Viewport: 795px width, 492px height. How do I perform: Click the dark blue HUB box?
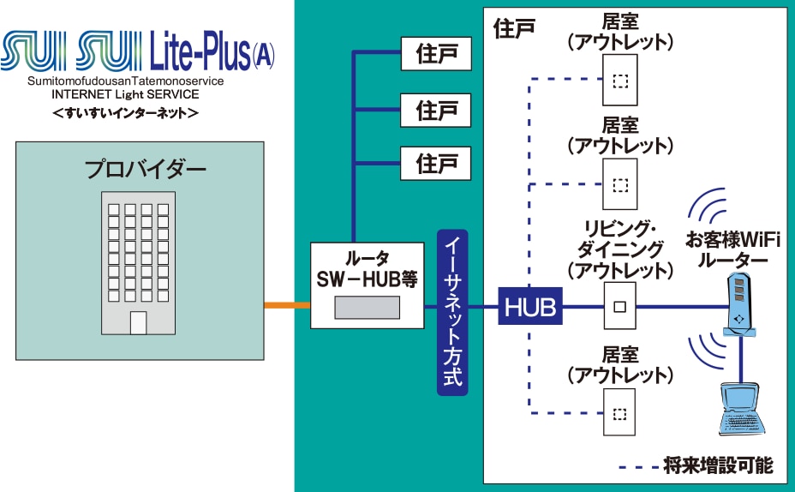tap(530, 306)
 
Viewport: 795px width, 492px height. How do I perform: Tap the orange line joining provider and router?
tap(287, 305)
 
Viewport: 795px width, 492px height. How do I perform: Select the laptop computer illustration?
tap(741, 409)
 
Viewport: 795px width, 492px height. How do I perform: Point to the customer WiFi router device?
tap(739, 305)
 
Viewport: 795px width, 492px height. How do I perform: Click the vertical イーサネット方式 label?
tap(452, 313)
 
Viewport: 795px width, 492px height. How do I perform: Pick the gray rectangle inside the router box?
tap(367, 308)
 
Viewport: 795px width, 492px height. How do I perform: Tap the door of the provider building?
tap(139, 322)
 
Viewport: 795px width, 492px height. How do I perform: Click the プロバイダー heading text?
tap(145, 169)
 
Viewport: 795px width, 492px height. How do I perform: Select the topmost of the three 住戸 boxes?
tap(436, 53)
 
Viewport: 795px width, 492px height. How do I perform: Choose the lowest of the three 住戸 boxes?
tap(436, 164)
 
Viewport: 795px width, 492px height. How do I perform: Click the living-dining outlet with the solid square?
tap(619, 306)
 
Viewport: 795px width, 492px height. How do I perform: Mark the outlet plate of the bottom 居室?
tap(619, 412)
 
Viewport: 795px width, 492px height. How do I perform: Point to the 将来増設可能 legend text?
tap(718, 465)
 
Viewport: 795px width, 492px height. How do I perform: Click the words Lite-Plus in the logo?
tap(200, 51)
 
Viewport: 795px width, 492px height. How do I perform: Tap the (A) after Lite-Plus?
tap(263, 55)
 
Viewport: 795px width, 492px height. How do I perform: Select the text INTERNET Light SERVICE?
tap(125, 94)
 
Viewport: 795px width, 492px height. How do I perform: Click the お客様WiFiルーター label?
tap(733, 249)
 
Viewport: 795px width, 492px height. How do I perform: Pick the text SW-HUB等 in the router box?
tap(367, 279)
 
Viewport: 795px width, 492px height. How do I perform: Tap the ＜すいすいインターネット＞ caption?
tap(125, 112)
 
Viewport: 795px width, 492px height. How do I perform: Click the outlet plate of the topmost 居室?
tap(620, 80)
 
